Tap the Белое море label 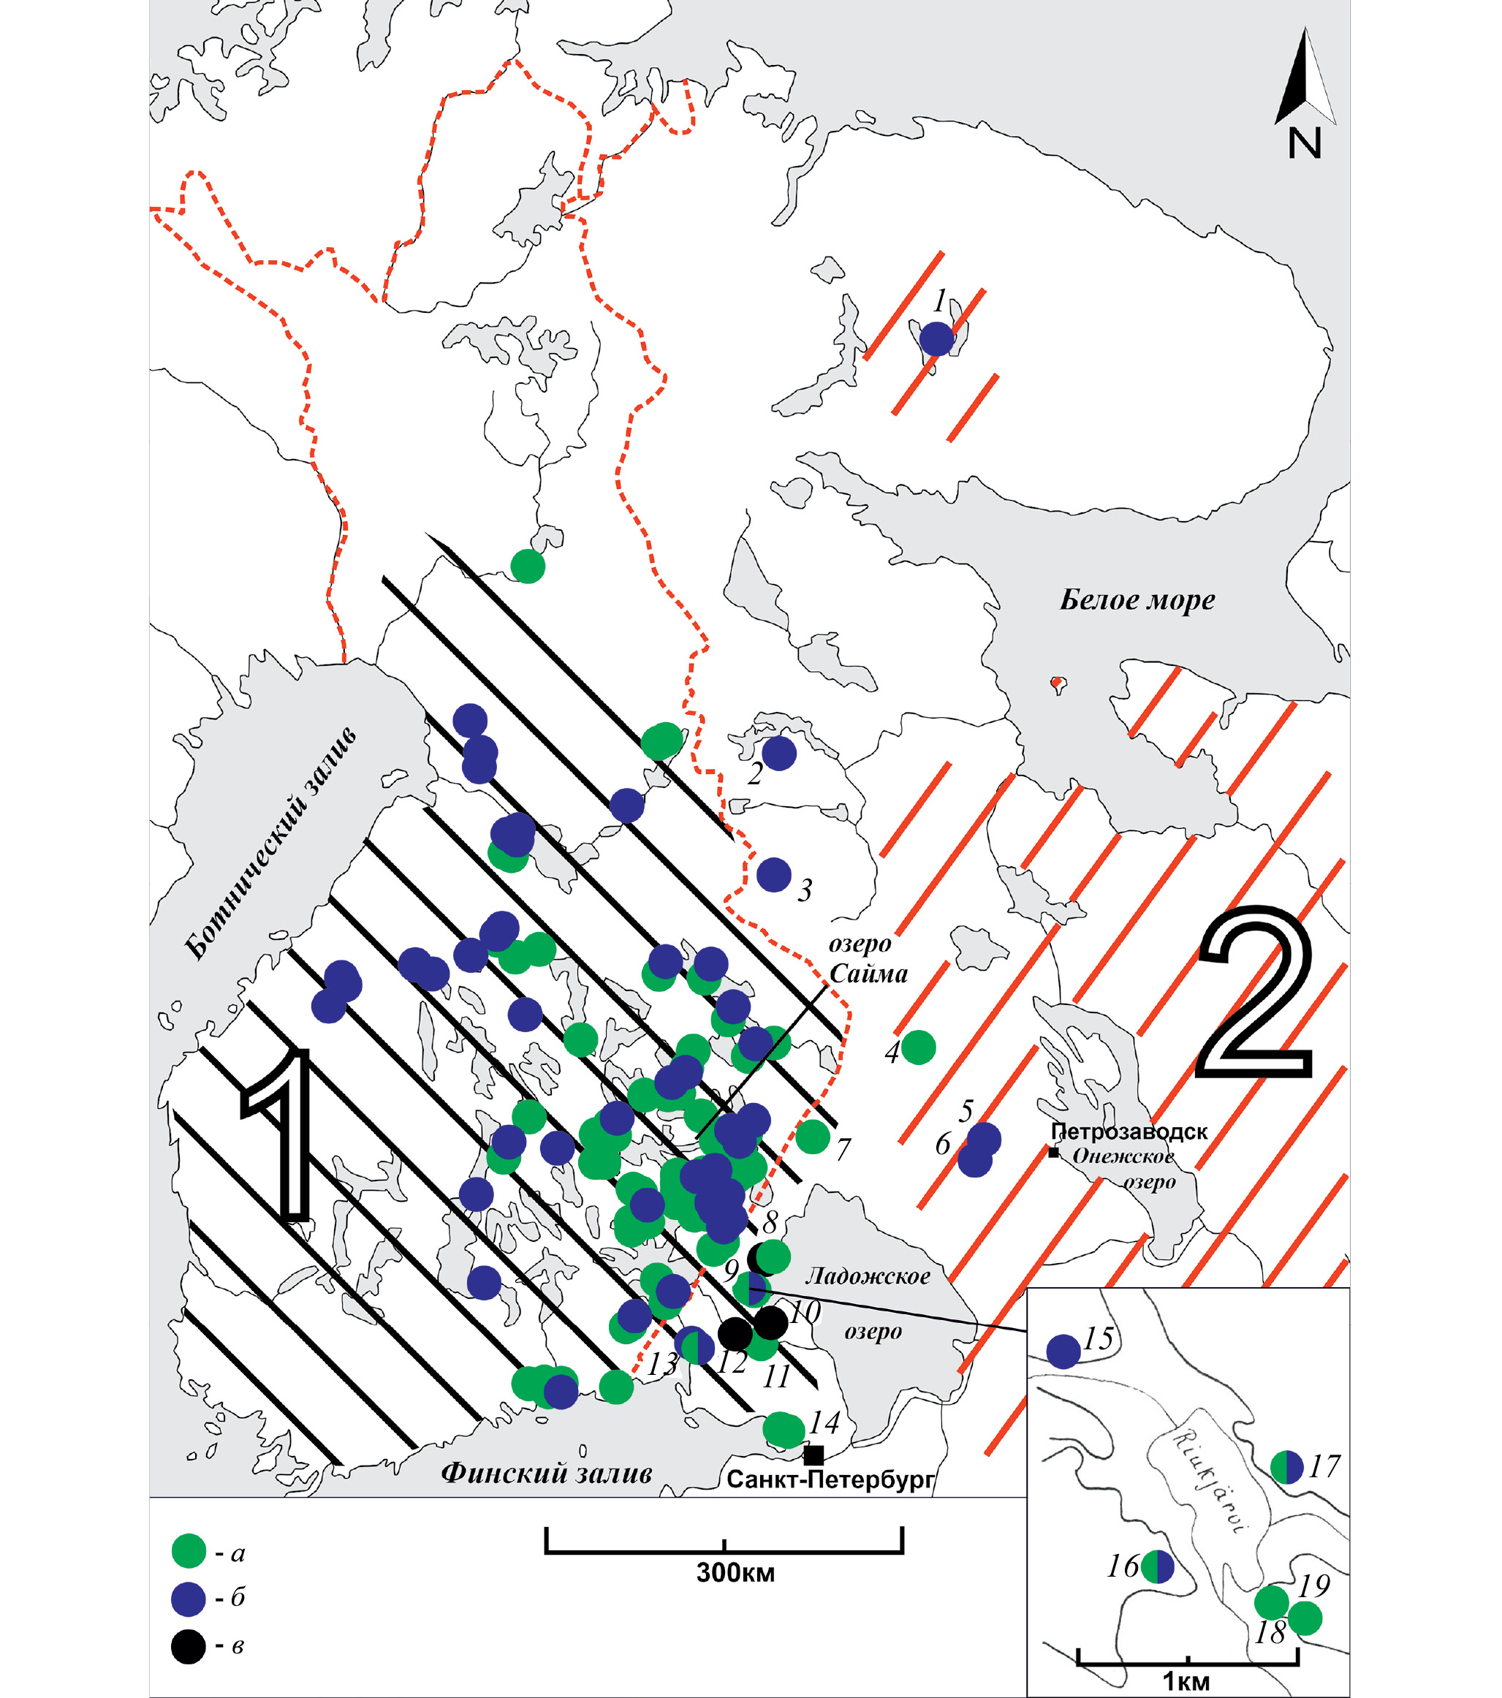1137,601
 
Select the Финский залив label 546,1473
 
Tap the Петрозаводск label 1129,1132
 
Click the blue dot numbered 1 936,339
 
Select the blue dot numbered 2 779,753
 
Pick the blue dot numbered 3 774,875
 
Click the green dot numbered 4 919,1047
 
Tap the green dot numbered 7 813,1136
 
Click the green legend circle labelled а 189,1550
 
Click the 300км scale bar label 735,1572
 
